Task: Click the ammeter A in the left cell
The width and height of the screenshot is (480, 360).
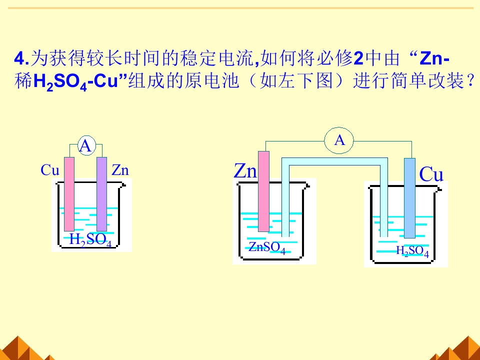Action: coord(86,145)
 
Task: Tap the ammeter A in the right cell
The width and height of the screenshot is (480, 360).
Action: coord(339,140)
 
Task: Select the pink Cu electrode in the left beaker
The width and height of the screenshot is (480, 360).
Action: coord(69,194)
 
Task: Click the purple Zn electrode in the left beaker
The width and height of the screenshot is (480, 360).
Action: coord(101,194)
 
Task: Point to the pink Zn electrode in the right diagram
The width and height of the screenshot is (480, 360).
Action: coord(264,191)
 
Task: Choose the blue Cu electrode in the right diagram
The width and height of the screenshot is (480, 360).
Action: coord(409,198)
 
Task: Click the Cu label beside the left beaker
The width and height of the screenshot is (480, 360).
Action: coord(50,170)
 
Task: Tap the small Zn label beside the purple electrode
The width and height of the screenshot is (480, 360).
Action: coord(120,170)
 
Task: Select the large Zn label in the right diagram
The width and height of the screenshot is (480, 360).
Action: coord(245,170)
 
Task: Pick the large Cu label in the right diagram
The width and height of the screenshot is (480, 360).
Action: coord(431,174)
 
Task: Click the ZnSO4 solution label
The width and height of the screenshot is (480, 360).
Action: coord(267,248)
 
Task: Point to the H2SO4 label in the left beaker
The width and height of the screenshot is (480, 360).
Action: coord(90,239)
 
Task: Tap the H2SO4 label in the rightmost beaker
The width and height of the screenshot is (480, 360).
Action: coord(412,251)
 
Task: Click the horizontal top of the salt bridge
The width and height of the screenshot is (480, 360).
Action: coord(334,161)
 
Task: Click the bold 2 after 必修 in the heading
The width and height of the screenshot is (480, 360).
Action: coord(358,58)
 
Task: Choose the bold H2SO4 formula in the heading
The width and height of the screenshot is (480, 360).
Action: coord(60,82)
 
